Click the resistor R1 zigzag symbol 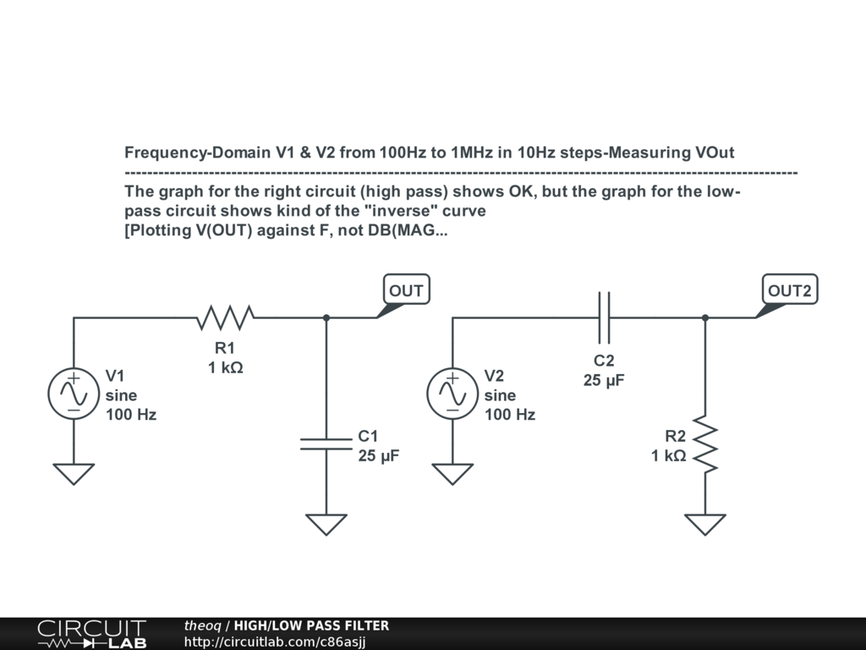pos(225,318)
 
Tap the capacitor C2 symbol pos(604,318)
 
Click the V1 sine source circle pos(74,394)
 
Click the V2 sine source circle pos(452,394)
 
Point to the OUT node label pos(406,291)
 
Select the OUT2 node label pos(789,291)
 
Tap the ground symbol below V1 pos(74,474)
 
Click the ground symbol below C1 pos(326,525)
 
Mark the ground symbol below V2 pos(452,474)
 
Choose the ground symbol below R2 pos(705,525)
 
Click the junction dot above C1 pos(326,318)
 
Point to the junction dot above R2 pos(705,318)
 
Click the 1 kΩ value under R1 pos(225,368)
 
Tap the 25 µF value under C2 pos(604,381)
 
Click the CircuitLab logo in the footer pos(91,634)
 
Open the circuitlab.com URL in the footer pos(275,642)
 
